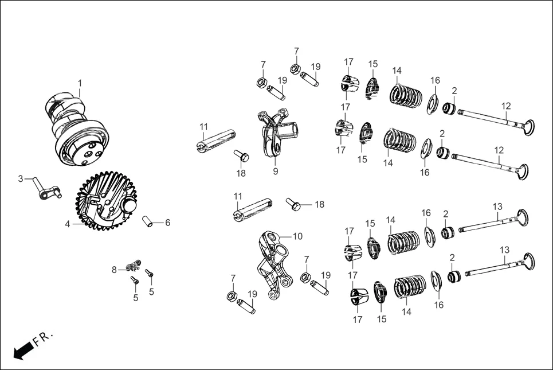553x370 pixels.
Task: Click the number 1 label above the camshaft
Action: (x=80, y=83)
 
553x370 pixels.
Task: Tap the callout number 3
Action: (x=21, y=179)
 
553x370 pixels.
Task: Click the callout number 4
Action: (x=68, y=224)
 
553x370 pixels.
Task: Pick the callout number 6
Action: (x=167, y=223)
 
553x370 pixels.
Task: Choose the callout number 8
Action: (x=114, y=269)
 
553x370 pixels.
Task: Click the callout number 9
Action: (x=276, y=171)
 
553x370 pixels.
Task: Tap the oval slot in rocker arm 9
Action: (x=277, y=149)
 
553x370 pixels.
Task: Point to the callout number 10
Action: (x=297, y=236)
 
